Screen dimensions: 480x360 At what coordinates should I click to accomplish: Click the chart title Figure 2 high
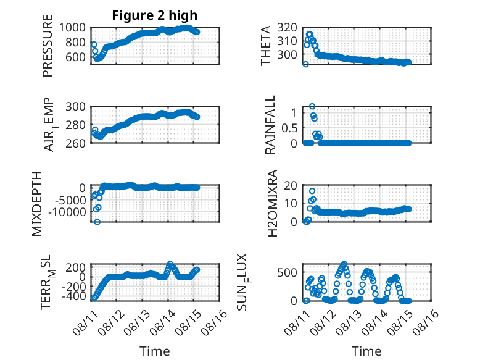(x=155, y=15)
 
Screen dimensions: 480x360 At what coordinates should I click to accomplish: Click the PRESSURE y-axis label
(x=48, y=46)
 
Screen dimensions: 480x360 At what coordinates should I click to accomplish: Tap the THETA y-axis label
(x=266, y=46)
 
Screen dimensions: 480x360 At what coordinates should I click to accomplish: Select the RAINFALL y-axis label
(x=270, y=125)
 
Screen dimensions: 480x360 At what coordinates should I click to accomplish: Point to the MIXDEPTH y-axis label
(x=37, y=204)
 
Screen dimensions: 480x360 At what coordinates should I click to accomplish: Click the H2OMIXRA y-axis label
(x=272, y=203)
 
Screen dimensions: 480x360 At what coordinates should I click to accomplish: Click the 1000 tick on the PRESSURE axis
(x=72, y=28)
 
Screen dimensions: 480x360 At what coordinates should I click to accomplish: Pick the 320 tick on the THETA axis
(x=287, y=28)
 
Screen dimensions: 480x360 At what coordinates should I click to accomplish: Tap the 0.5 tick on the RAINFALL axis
(x=289, y=128)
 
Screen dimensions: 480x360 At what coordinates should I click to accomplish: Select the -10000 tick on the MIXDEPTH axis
(x=67, y=212)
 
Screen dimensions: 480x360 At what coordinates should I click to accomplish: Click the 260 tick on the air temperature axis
(x=75, y=143)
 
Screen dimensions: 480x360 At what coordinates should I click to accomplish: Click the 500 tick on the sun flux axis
(x=287, y=272)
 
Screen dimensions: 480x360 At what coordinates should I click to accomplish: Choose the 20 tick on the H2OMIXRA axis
(x=291, y=185)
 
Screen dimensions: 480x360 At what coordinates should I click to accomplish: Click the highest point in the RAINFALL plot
(x=312, y=106)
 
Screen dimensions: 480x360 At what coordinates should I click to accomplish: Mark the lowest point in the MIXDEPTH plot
(x=97, y=222)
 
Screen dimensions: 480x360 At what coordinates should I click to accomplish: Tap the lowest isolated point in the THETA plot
(x=305, y=64)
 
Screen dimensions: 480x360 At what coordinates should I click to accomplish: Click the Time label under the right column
(x=366, y=351)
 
